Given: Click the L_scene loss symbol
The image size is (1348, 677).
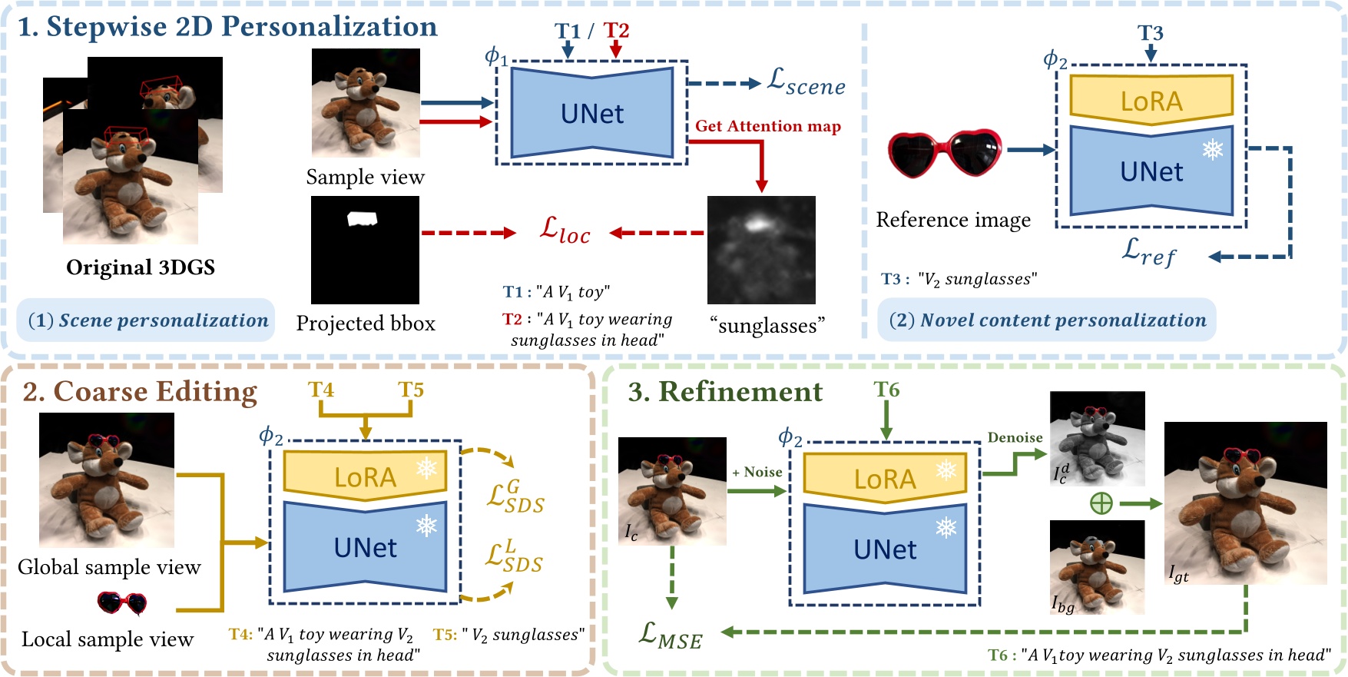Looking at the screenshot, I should (x=806, y=82).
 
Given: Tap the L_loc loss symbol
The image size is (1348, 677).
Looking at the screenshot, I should (x=565, y=231).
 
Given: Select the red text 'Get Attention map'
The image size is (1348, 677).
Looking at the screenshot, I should (x=767, y=126).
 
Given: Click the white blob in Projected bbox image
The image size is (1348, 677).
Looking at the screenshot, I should (x=362, y=219).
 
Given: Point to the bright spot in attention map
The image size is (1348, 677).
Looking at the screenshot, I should (x=757, y=224).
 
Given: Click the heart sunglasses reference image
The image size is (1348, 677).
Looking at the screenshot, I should (x=945, y=153).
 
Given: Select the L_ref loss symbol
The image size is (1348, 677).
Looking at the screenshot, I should (x=1148, y=251).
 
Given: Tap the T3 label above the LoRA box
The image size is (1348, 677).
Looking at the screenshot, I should (x=1150, y=32).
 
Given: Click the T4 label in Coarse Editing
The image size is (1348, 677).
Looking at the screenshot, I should (x=321, y=390).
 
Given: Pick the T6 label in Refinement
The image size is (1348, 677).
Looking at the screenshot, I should (x=886, y=390).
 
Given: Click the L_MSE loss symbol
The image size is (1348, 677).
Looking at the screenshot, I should (x=671, y=636).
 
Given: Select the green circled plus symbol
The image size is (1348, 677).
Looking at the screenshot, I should (x=1101, y=503).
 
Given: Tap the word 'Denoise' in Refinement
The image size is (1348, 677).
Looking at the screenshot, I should (x=1015, y=437).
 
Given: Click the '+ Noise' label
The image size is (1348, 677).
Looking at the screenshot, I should (x=757, y=472).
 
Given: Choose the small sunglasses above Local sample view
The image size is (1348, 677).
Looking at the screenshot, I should (x=122, y=603).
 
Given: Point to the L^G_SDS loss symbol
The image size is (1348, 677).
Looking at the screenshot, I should (x=515, y=497).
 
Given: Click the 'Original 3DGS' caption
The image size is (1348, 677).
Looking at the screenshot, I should (x=141, y=267).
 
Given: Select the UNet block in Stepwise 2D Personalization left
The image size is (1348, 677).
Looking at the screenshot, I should (x=591, y=113).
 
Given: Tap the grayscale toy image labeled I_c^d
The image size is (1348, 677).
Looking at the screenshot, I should (x=1097, y=438).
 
